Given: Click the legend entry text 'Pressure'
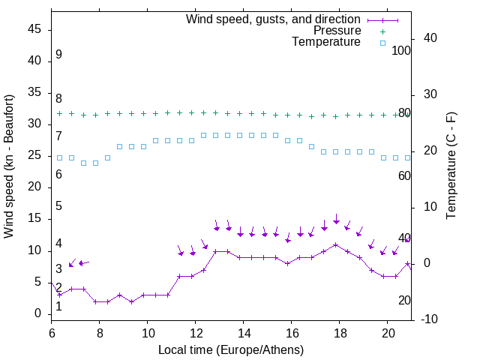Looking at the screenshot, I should coord(337,31).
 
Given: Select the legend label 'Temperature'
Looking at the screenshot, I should coord(326,42).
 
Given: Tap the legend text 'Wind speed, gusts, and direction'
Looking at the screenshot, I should coord(273,19).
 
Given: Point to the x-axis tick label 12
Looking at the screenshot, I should coord(196,331).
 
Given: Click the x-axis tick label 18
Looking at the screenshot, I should coord(340,331).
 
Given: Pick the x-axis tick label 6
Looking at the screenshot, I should coord(52,331).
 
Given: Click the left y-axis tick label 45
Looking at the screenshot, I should coord(34,29).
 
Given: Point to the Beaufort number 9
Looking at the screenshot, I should coord(58,55).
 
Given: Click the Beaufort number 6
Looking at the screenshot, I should coord(58,175).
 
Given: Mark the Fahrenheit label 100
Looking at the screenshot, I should coord(402,50).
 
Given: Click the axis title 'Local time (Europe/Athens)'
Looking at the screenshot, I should coord(231,349).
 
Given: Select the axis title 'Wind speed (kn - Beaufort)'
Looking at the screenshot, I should coord(9,166).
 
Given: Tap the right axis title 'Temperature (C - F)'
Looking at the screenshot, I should coord(451,166).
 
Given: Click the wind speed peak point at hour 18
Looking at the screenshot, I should coord(336,244).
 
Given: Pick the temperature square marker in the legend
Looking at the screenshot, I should coord(382,43).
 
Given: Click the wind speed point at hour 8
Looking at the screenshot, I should coord(96,301).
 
